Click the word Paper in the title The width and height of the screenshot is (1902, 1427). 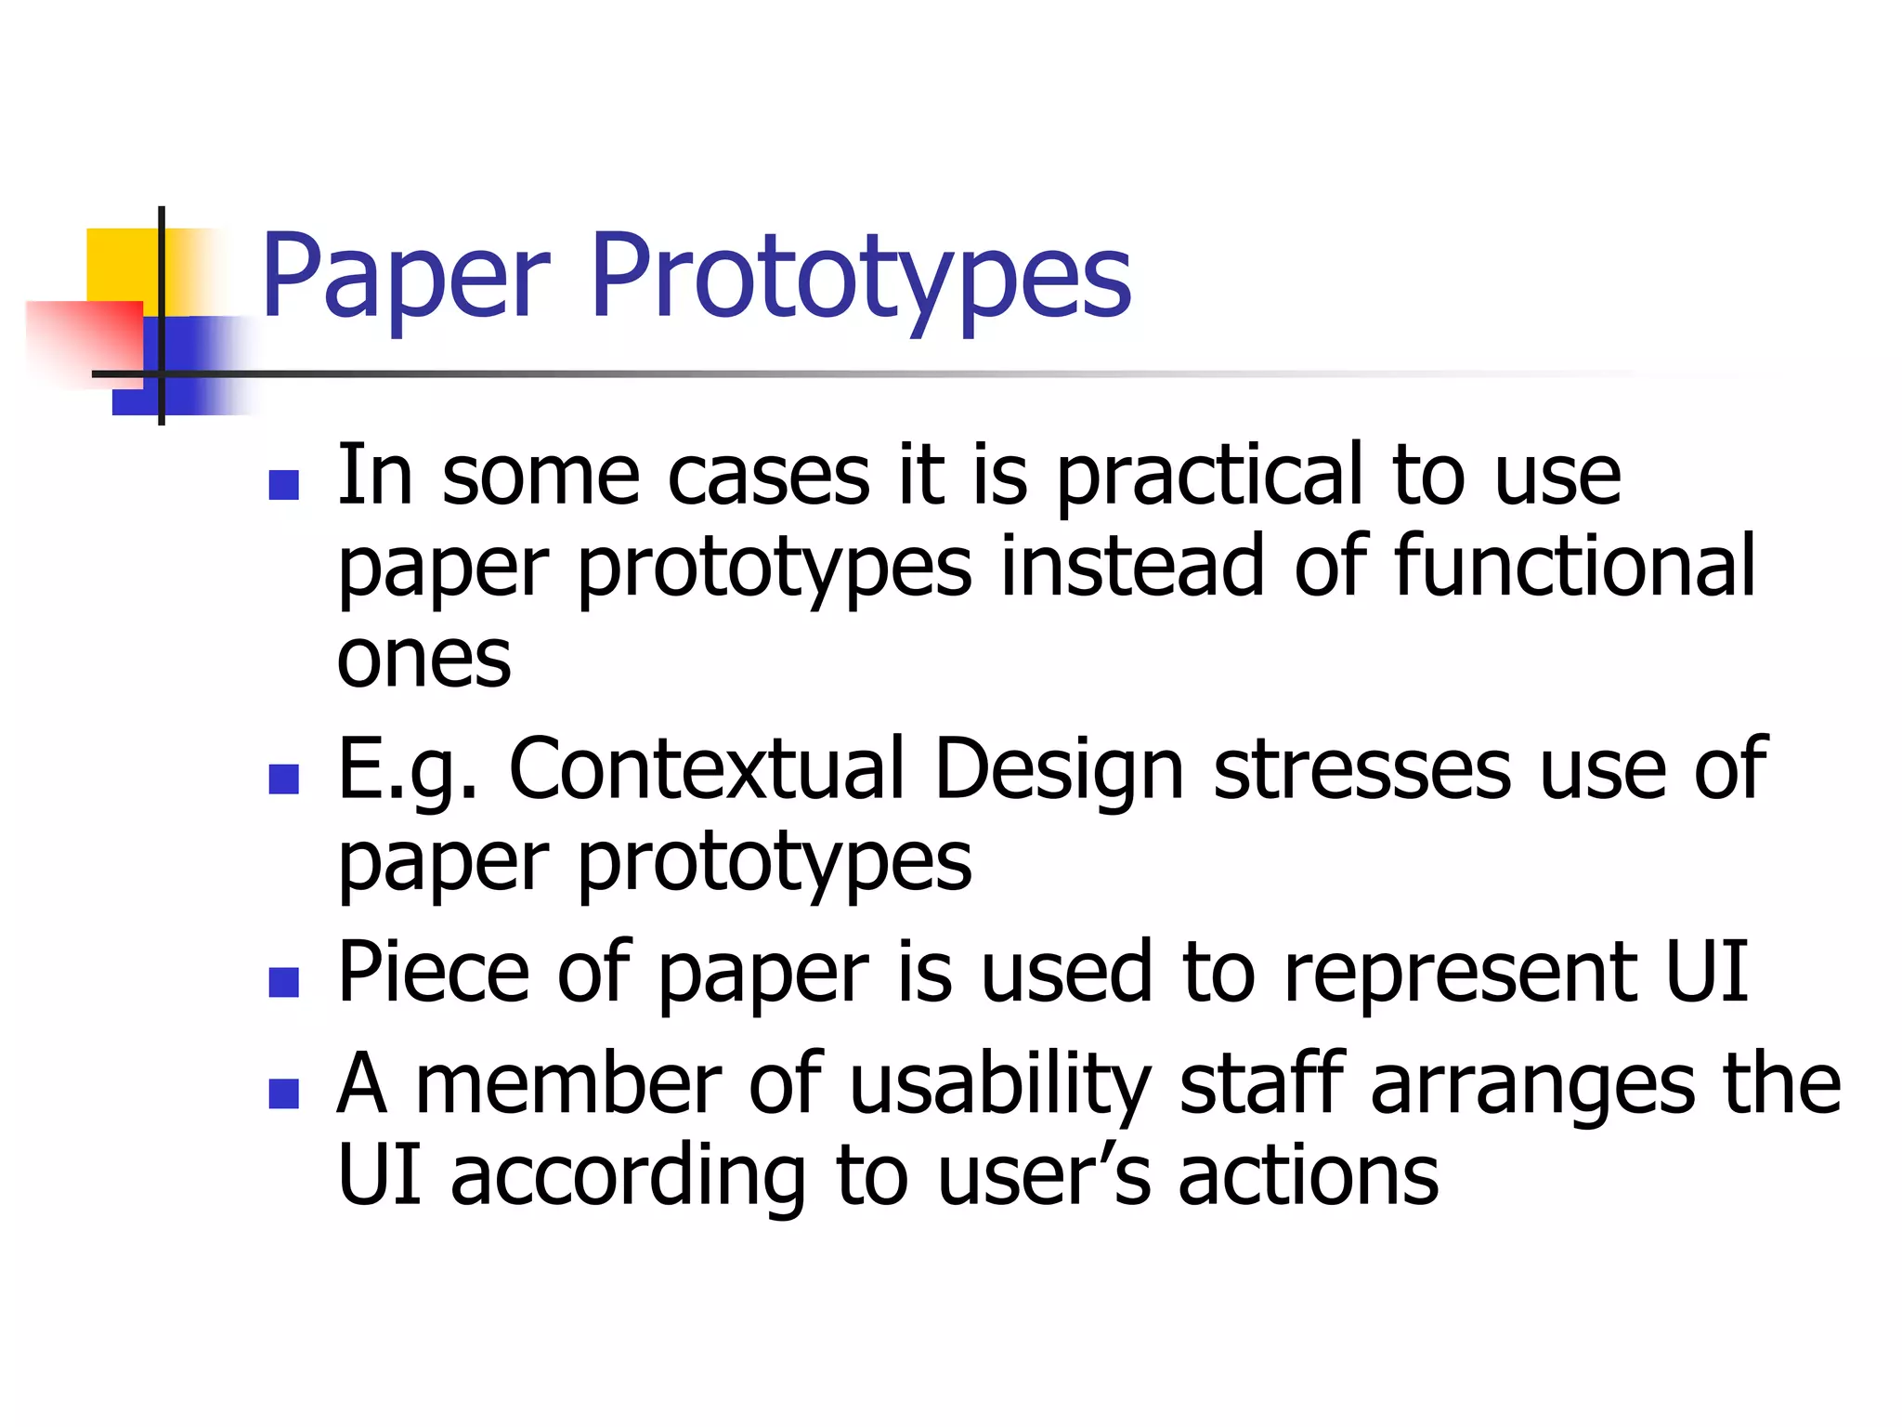tap(406, 276)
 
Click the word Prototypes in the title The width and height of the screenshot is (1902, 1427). tap(860, 276)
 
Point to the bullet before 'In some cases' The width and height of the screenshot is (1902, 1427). tap(283, 485)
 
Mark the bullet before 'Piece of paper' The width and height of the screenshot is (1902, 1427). tap(283, 982)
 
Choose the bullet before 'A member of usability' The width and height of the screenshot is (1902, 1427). tap(283, 1093)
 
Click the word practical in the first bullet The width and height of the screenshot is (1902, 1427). tap(1209, 476)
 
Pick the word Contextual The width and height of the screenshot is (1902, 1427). tap(706, 769)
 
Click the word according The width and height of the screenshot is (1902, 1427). tap(628, 1176)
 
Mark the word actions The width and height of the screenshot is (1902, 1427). tap(1309, 1176)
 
